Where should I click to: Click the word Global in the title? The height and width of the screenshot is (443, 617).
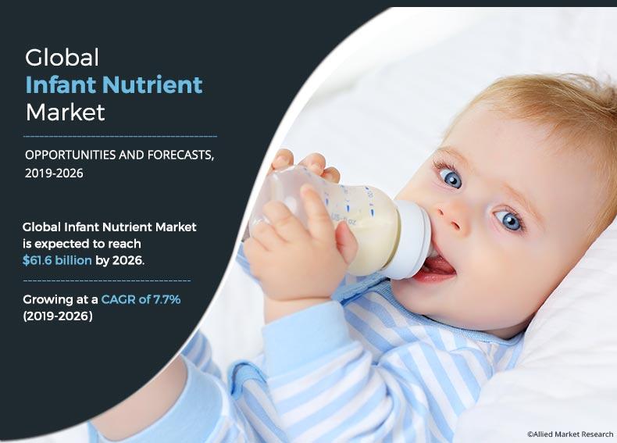62,57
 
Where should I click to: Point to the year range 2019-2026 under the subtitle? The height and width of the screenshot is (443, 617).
54,173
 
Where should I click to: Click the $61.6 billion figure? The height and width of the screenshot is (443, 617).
58,260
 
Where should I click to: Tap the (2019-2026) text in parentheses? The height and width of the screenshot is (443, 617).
58,316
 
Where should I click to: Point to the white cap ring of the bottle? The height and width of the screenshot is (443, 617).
413,238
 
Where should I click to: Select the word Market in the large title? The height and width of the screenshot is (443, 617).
65,112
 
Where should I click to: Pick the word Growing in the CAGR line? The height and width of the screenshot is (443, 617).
48,299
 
